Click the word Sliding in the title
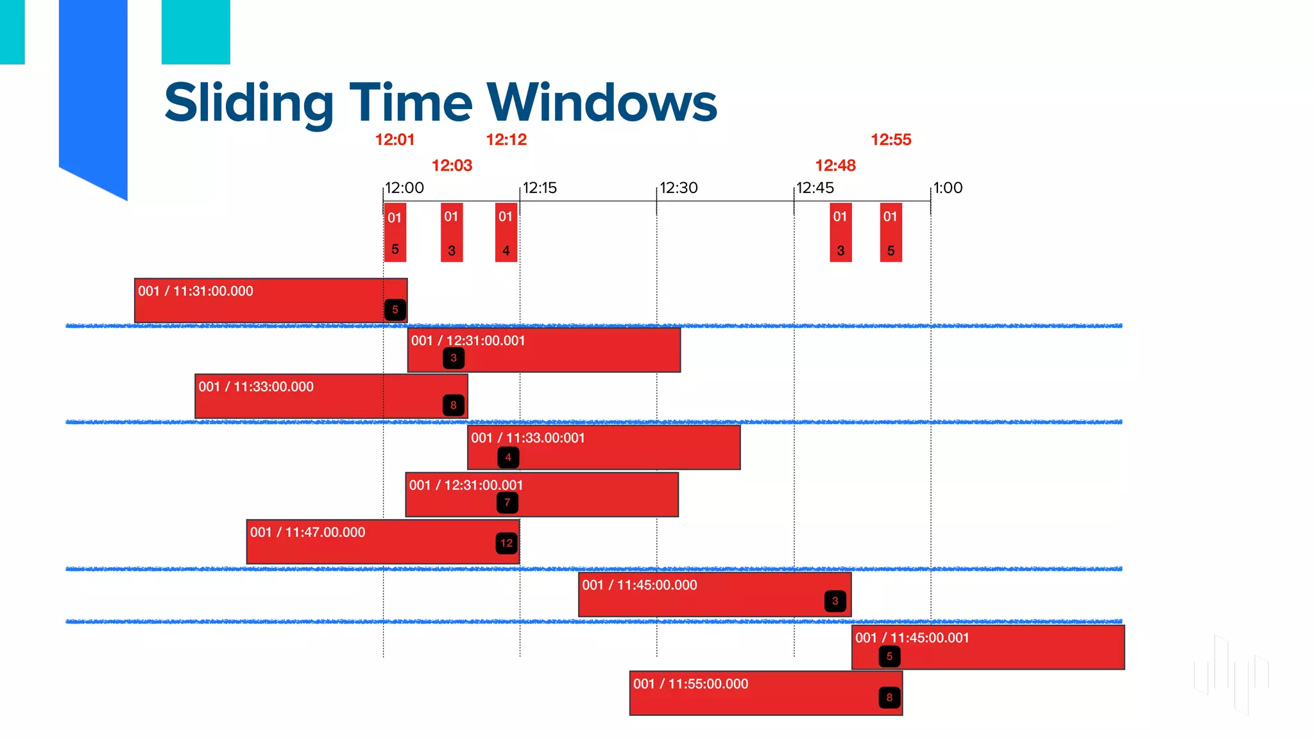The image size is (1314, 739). tap(249, 103)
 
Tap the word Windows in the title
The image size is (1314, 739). tap(602, 103)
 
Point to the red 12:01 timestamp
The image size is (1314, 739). tap(395, 140)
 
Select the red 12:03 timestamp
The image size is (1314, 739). tap(452, 166)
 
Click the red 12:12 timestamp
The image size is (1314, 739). tap(506, 140)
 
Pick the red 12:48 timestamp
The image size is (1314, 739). tap(835, 166)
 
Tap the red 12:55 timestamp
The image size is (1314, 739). tap(891, 140)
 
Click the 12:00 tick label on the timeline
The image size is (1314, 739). tap(404, 188)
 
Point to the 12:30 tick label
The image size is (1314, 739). tap(678, 188)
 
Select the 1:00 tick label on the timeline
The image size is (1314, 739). tap(948, 188)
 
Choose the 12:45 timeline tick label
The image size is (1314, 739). tap(815, 188)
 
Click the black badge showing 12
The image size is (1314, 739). tap(506, 543)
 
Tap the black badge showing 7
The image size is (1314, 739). tap(508, 502)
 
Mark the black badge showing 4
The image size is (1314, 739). tap(508, 457)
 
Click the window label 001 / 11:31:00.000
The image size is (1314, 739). tap(196, 291)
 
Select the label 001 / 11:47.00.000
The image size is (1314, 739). tap(307, 532)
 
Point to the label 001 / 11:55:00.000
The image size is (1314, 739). tap(690, 684)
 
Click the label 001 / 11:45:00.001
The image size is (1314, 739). tap(912, 638)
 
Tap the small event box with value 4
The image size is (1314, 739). tap(506, 232)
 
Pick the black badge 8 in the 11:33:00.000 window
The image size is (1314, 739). tap(454, 405)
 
